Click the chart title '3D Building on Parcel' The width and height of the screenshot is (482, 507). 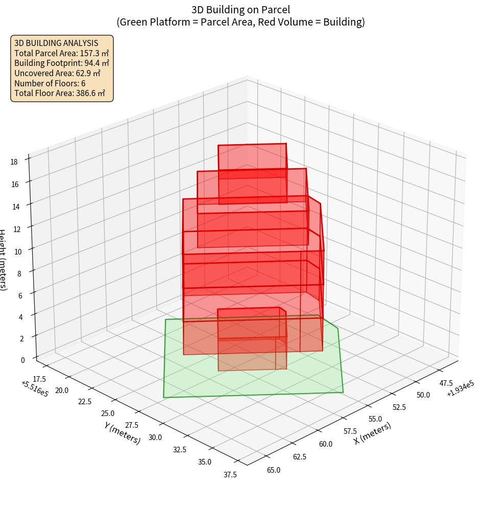(x=241, y=9)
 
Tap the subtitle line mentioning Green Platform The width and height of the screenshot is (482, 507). (x=241, y=22)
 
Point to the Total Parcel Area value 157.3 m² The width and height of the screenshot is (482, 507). (x=94, y=53)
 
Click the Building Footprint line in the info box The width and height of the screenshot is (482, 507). (x=62, y=63)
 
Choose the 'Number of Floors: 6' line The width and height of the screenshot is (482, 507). (x=50, y=83)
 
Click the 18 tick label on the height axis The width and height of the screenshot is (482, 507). (x=14, y=162)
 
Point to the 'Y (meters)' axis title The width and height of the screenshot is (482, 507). (x=122, y=432)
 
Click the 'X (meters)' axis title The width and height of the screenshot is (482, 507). (x=373, y=433)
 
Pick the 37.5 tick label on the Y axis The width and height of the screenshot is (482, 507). (x=230, y=474)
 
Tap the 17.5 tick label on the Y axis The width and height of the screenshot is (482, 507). (x=39, y=379)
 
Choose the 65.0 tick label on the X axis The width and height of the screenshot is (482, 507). (x=273, y=470)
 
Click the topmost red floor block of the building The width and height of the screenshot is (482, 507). (x=252, y=161)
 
